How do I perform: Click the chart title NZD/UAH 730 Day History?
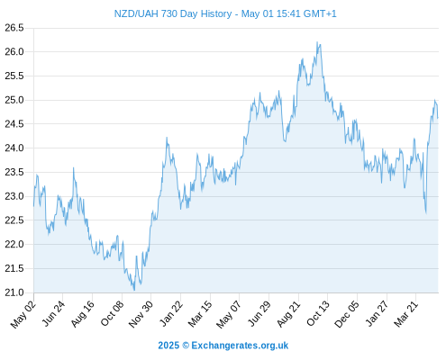173,13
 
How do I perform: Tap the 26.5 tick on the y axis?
14,28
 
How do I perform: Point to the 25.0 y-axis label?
14,100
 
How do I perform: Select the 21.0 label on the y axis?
14,292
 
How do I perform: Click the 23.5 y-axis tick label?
14,172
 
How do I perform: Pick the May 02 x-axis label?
23,314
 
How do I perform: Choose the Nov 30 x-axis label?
141,314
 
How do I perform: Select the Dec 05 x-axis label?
347,314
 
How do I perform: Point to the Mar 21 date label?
406,314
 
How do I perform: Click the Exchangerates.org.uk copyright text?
223,346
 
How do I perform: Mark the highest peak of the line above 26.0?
317,42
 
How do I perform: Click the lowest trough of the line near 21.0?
134,290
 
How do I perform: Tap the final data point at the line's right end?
438,118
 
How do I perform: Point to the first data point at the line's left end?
33,206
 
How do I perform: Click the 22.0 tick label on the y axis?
14,245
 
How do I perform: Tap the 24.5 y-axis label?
14,124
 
